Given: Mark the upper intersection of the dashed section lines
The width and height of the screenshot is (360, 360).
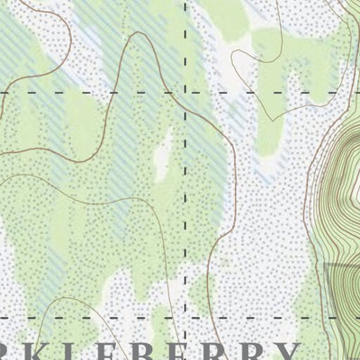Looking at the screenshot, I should [186, 92].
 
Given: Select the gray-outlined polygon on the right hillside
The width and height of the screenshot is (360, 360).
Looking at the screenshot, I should [342, 292].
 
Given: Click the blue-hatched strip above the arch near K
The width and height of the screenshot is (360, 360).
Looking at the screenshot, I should [54, 261].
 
